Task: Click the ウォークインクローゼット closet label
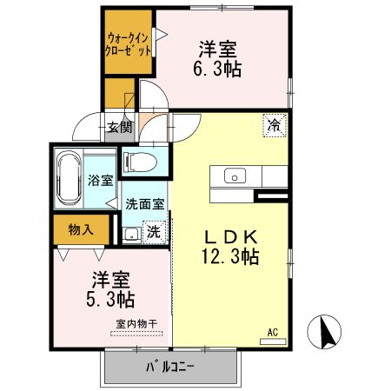coord(129,43)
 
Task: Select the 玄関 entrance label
coord(119,129)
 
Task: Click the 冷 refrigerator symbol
coord(274,125)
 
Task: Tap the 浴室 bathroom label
coord(100,181)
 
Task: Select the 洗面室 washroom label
coord(144,205)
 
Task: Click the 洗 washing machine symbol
coord(153,232)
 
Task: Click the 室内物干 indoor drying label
coord(135,324)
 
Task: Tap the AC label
coord(272,331)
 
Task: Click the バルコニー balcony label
coord(170,367)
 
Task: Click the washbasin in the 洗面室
coord(130,233)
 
